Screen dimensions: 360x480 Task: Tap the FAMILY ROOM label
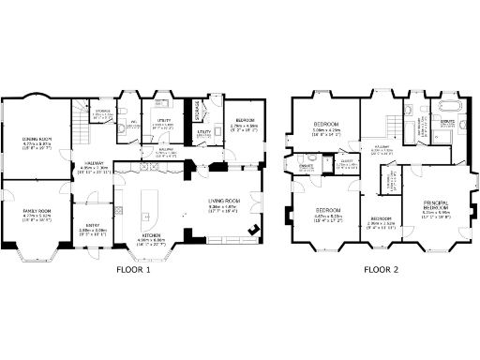pos(37,212)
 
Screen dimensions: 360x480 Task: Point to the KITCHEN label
pos(151,235)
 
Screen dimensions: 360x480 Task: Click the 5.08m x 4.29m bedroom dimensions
pos(326,130)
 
